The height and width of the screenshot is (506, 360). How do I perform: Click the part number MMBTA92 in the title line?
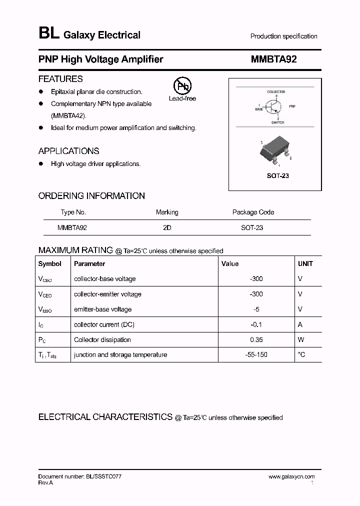pos(273,59)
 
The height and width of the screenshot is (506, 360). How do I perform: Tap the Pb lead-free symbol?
pos(182,86)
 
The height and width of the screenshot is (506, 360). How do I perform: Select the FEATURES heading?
pos(60,79)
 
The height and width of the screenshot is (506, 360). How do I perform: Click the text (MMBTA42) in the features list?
pos(69,115)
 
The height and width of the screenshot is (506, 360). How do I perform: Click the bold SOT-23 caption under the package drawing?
pos(277,176)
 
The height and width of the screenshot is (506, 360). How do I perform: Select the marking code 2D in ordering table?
pos(167,227)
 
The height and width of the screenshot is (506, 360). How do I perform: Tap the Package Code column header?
pos(253,212)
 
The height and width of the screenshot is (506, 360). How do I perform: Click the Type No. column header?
pos(73,212)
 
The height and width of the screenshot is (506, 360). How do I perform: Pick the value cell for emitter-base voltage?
pos(256,309)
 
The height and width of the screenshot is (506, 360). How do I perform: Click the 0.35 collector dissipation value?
pos(256,339)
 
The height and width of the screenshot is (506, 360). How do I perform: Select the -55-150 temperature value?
pos(256,354)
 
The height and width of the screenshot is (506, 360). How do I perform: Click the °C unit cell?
pos(301,354)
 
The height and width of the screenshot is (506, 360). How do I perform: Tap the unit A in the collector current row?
pos(300,324)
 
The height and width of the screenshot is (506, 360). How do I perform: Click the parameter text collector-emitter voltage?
pos(107,294)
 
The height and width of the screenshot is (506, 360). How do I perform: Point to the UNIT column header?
pos(305,263)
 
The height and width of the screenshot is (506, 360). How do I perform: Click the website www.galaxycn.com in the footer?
pos(291,477)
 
